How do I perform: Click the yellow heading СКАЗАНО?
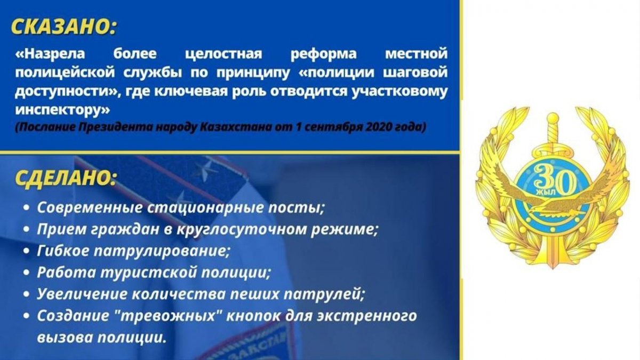64,27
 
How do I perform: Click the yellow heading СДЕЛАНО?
66,178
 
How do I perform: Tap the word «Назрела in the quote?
50,54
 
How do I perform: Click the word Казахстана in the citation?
236,127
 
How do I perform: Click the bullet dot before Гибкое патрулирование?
26,251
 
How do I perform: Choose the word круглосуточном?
242,230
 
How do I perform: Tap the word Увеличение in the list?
82,294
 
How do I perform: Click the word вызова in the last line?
65,338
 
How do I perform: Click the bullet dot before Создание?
26,316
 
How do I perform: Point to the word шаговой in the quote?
415,73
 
